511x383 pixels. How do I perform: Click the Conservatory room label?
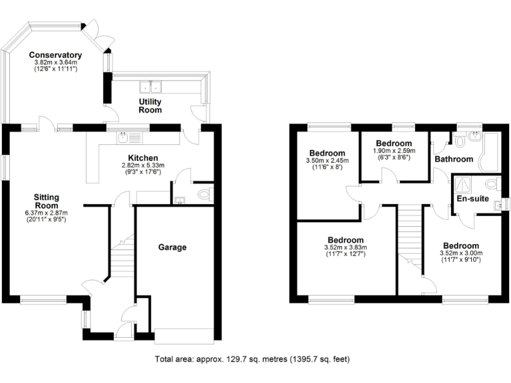tap(55, 55)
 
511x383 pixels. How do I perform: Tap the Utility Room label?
tap(150, 106)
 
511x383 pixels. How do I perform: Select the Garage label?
tap(172, 247)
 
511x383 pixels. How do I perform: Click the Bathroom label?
tap(454, 159)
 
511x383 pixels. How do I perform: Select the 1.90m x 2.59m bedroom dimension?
tap(393, 151)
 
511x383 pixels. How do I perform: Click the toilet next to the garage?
tap(205, 194)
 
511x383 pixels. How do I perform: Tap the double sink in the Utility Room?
tap(151, 86)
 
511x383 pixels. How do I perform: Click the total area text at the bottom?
tap(252, 359)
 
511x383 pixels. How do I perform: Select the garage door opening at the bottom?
tap(184, 337)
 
